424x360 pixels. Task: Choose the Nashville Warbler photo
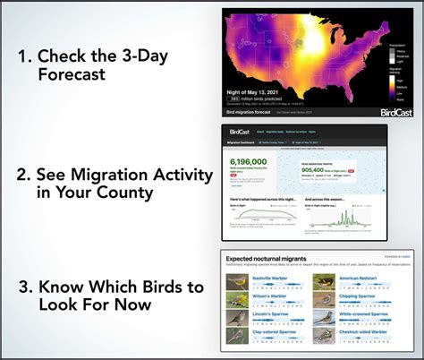pyautogui.click(x=237, y=281)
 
